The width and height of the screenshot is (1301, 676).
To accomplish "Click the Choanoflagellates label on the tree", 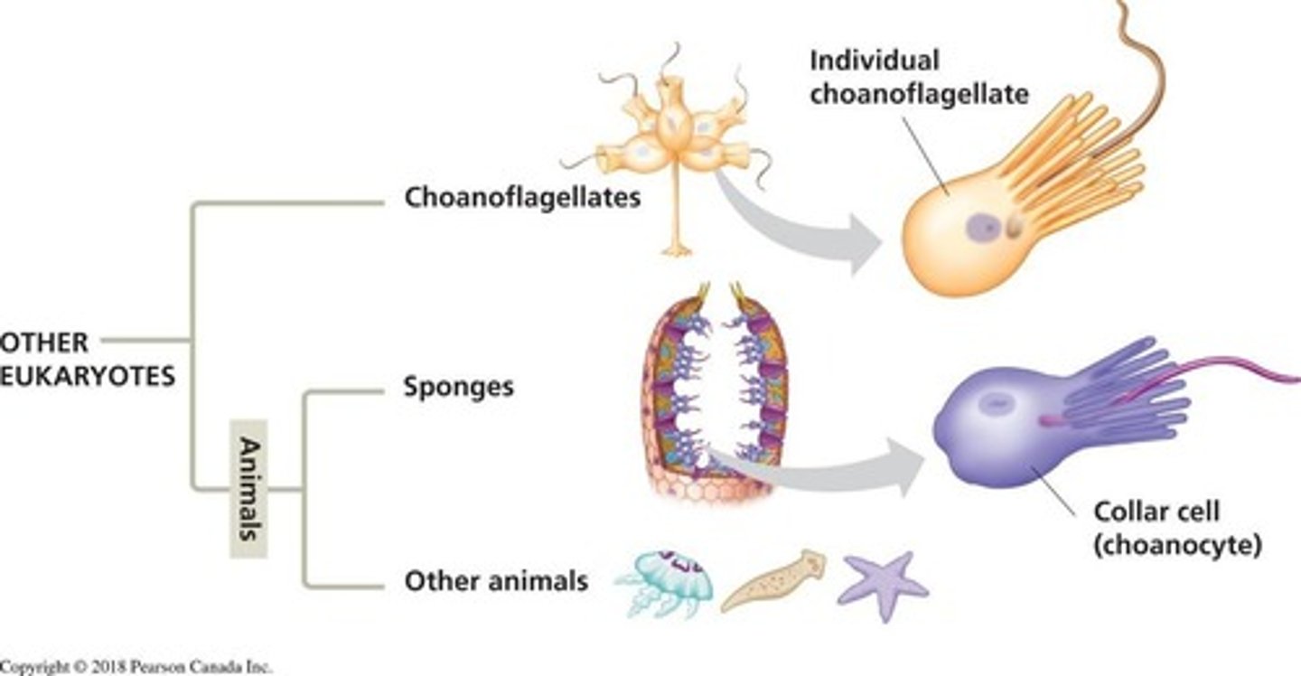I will [x=522, y=198].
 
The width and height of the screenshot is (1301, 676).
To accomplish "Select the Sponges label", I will [x=458, y=388].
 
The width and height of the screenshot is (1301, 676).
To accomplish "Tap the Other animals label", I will [x=495, y=580].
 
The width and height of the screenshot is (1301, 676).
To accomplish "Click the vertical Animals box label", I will [x=248, y=488].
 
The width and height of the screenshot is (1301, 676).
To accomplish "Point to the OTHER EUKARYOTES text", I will [x=86, y=359].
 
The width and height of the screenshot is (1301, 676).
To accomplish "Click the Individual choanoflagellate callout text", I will [x=918, y=78].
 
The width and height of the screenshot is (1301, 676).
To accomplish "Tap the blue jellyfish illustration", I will [x=665, y=582].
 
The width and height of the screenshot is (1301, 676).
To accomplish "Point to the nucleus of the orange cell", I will [x=982, y=228].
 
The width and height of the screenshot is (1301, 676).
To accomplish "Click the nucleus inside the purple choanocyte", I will [x=995, y=406].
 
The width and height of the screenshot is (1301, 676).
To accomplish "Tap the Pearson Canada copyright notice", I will [x=136, y=667].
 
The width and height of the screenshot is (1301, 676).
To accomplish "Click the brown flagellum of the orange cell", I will [x=1147, y=81].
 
